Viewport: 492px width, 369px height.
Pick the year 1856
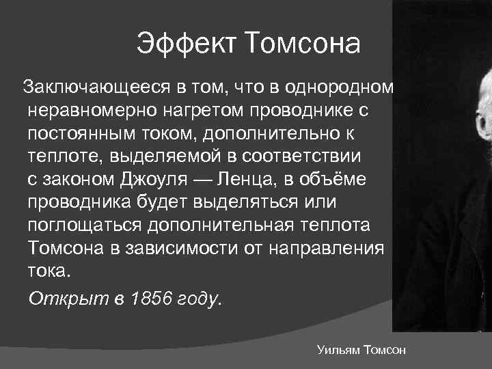click(x=151, y=299)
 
